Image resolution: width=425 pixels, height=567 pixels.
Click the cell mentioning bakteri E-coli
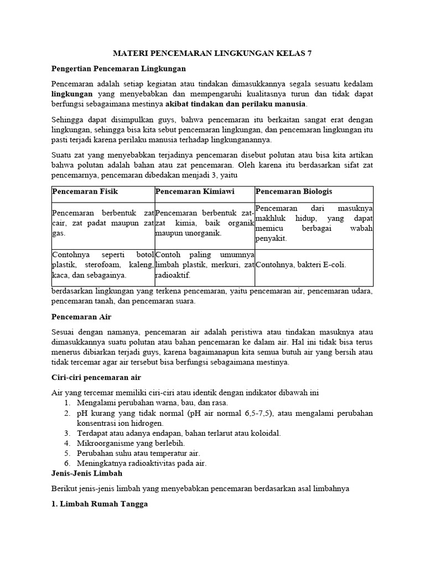click(x=301, y=265)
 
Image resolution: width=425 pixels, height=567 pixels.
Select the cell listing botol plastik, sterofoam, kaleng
click(x=102, y=265)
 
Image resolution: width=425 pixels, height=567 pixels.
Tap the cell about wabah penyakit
click(x=314, y=224)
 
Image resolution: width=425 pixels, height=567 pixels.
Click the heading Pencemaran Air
click(x=81, y=317)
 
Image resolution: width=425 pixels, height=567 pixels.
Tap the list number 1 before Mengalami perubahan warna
click(x=66, y=403)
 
